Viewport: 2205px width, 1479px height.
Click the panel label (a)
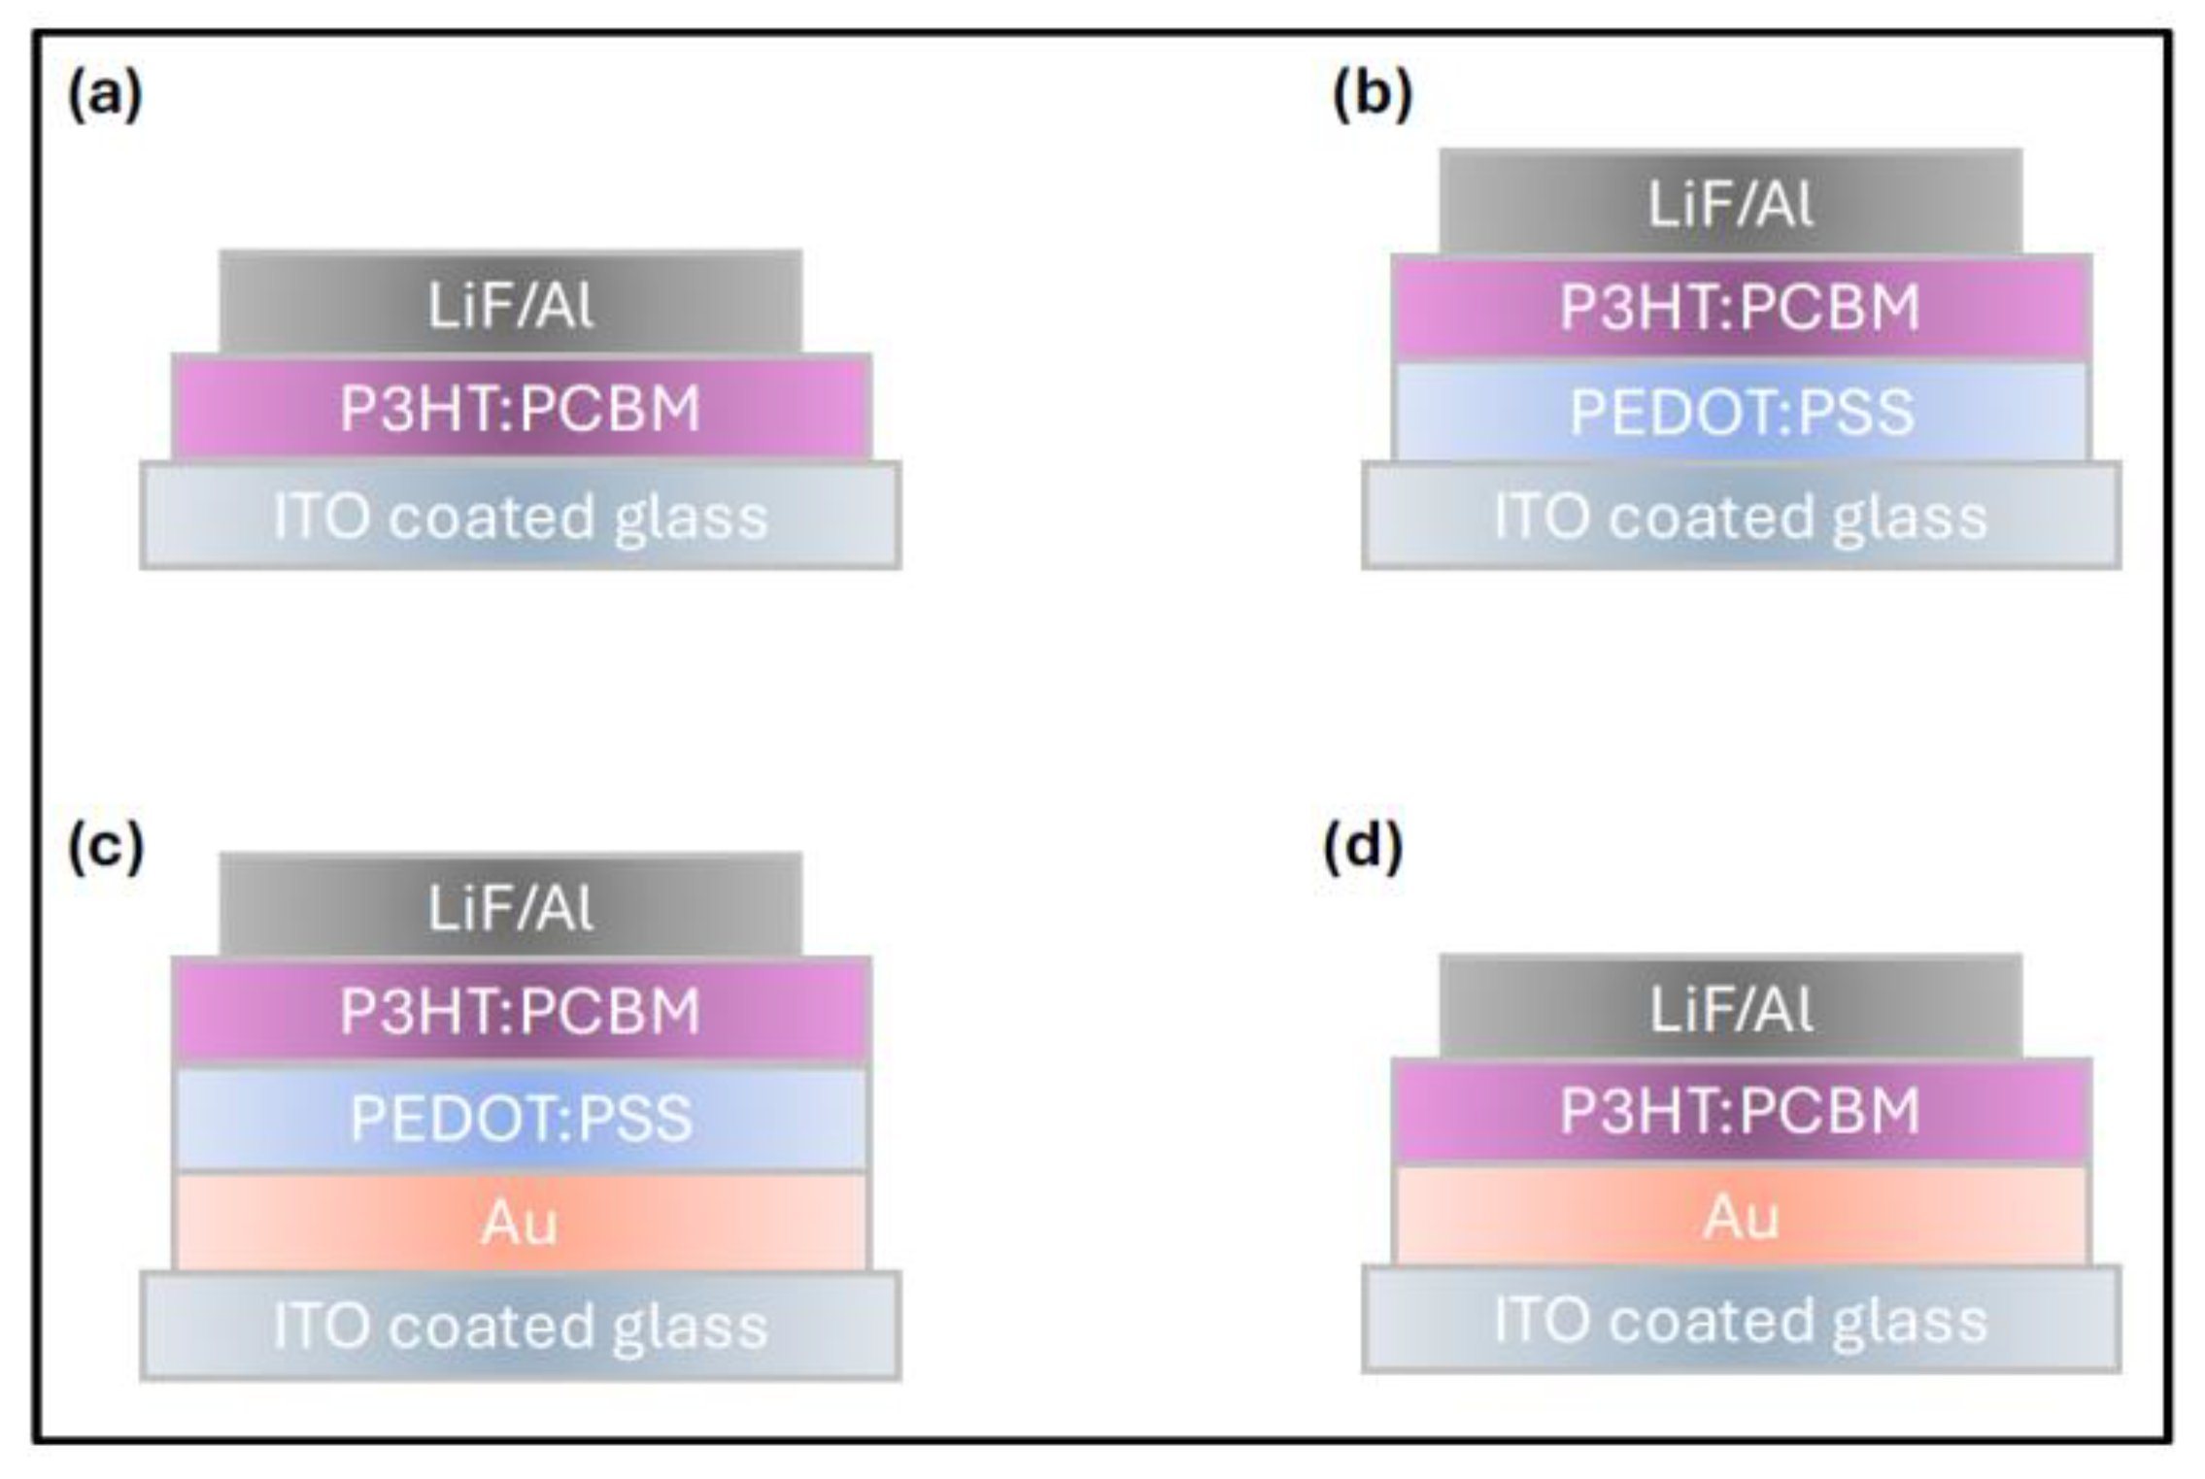tap(105, 96)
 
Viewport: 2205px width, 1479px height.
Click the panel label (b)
tap(1372, 96)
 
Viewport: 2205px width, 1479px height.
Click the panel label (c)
tap(105, 847)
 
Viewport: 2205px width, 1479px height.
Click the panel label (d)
tap(1364, 847)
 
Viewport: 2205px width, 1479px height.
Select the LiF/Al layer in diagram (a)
tap(511, 303)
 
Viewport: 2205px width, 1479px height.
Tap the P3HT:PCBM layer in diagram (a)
tap(521, 408)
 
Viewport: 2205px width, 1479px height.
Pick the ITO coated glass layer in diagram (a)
tap(521, 516)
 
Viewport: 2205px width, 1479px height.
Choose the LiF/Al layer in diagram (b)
tap(1731, 203)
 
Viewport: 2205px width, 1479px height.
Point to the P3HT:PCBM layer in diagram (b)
tap(1741, 308)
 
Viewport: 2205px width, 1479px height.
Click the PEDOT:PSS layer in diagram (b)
tap(1741, 412)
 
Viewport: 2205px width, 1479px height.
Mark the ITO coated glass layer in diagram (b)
tap(1741, 516)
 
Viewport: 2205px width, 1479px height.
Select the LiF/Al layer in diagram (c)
tap(511, 906)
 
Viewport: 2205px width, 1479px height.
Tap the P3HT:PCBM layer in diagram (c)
tap(521, 1011)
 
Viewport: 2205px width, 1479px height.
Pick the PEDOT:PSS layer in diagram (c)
tap(521, 1117)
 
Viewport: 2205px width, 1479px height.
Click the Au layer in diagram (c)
tap(521, 1222)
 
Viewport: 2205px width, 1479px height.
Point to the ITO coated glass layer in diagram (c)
tap(521, 1326)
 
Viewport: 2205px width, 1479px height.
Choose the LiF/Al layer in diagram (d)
tap(1731, 1008)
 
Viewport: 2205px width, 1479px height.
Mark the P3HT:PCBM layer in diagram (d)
tap(1741, 1111)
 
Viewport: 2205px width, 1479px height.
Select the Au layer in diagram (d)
tap(1741, 1216)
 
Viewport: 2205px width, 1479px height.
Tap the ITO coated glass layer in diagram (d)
tap(1741, 1320)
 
